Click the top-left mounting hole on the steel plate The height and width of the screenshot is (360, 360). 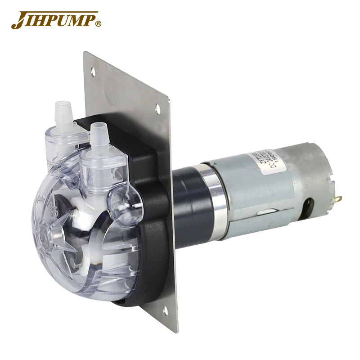click(x=93, y=71)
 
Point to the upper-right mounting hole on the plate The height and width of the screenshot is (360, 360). click(x=158, y=108)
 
